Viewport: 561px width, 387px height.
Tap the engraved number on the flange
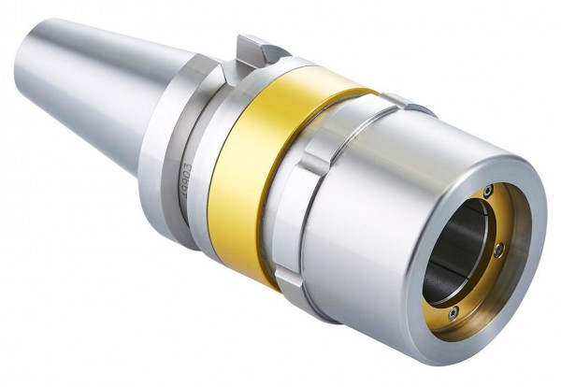pyautogui.click(x=183, y=178)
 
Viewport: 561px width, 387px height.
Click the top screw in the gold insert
pyautogui.click(x=486, y=192)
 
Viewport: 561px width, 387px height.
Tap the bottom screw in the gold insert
pyautogui.click(x=453, y=312)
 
